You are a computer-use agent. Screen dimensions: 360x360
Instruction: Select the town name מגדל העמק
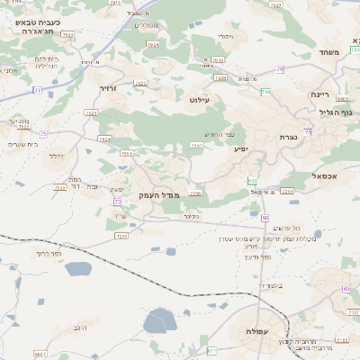pos(160,194)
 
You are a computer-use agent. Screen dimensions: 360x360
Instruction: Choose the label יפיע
pos(240,148)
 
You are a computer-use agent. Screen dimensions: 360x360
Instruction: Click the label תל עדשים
pos(283,227)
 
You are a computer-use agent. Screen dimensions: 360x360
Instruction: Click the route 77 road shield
pos(37,90)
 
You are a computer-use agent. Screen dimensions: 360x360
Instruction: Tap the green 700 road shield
pos(265,92)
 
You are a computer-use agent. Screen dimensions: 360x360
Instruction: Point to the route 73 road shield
pos(118,202)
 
